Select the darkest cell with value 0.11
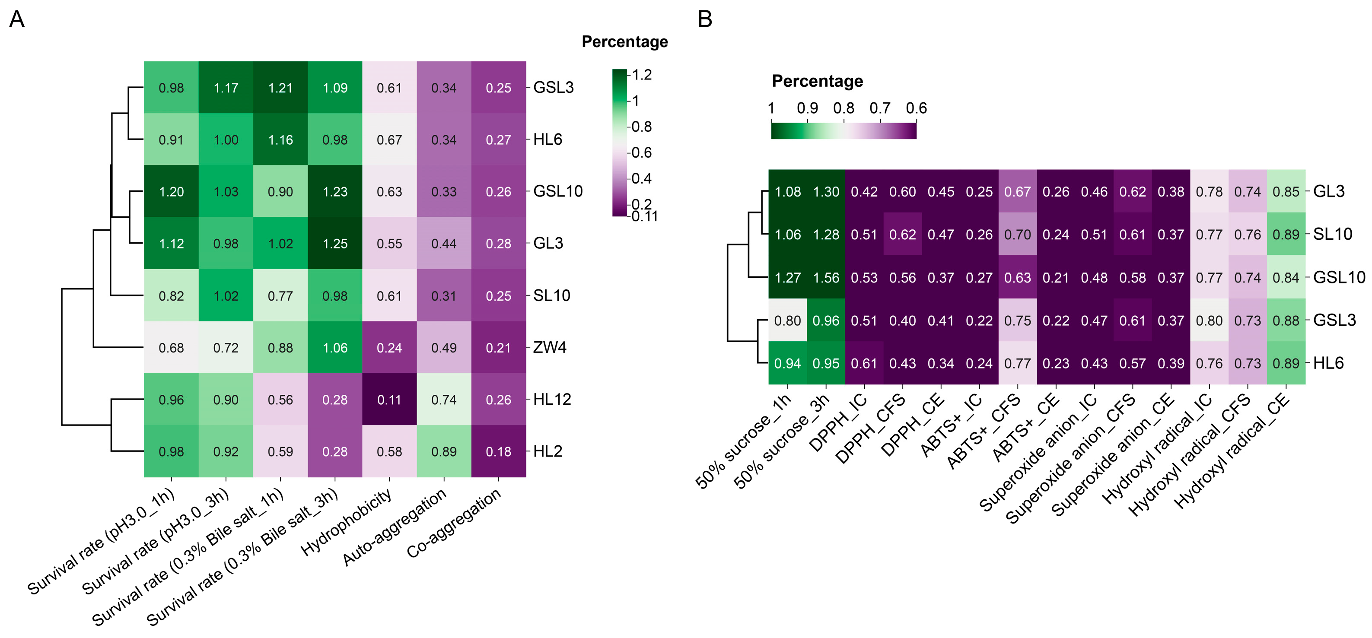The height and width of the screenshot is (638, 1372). pos(389,400)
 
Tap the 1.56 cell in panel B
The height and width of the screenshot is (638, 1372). pos(826,277)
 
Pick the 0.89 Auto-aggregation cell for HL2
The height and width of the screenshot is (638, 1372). pos(444,451)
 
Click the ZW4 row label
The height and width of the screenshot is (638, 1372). pos(550,347)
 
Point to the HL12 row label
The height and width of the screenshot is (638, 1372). pos(552,400)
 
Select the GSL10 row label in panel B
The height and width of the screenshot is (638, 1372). pos(1339,277)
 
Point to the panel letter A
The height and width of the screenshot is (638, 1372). pos(17,19)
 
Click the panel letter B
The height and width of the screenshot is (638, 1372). pos(705,19)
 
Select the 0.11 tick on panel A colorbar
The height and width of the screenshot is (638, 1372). pos(644,216)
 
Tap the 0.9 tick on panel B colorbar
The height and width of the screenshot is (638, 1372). pos(808,108)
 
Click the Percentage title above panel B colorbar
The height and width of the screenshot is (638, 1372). pos(818,81)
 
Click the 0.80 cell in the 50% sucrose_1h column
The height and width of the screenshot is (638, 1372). pos(788,321)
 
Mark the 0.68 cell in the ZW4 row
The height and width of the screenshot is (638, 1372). pos(171,348)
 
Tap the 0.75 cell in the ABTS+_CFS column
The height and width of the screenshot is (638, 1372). pos(1018,321)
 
